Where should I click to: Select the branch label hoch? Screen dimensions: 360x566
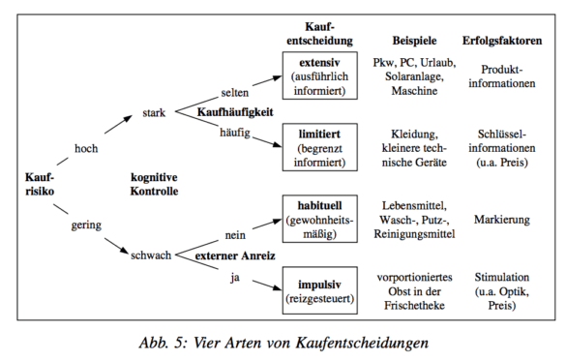click(x=88, y=148)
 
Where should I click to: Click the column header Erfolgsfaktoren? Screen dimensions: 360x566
click(x=506, y=43)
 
